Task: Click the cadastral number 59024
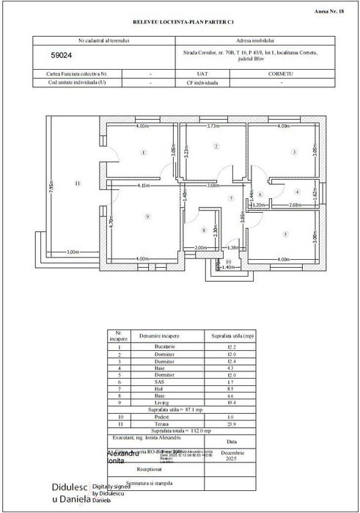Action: point(62,55)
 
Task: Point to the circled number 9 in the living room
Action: point(147,216)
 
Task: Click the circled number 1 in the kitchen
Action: point(143,153)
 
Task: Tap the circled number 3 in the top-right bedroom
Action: point(294,153)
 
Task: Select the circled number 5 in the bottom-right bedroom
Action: point(285,234)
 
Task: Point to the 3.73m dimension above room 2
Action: point(213,126)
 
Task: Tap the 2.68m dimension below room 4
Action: point(295,205)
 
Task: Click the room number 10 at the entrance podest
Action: point(228,261)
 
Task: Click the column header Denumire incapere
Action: point(158,335)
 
